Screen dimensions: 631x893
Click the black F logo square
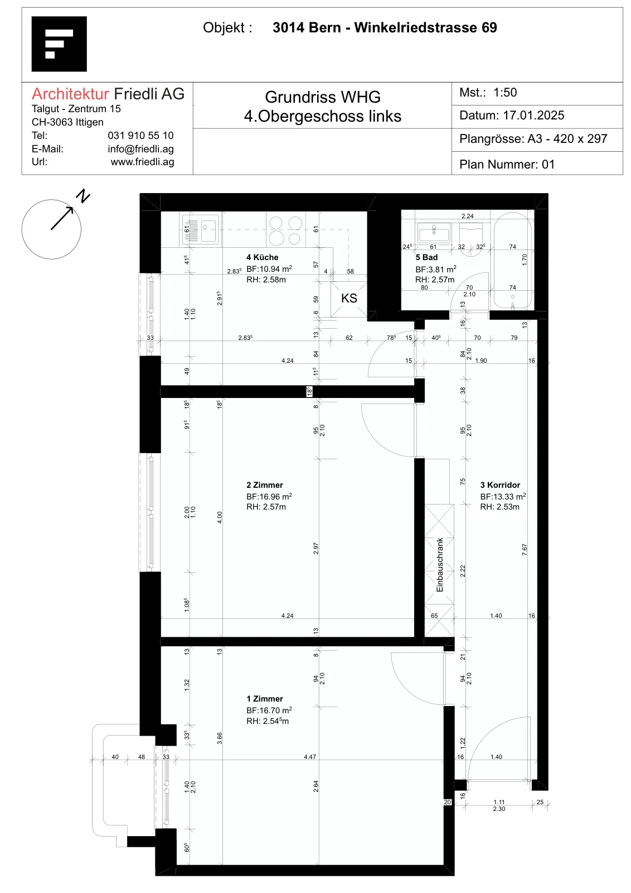(x=59, y=44)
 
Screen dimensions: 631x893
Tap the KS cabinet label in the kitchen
(x=349, y=298)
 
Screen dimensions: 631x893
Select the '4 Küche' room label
(x=263, y=257)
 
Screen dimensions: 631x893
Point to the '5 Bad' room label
(x=426, y=257)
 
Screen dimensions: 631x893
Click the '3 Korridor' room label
(x=500, y=485)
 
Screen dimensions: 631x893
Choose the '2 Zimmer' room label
(x=265, y=485)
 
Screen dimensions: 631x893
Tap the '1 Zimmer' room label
(x=265, y=698)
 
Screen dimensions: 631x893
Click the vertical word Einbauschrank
(x=439, y=565)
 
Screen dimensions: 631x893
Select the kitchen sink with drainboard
(x=200, y=229)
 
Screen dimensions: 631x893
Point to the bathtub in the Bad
(x=513, y=261)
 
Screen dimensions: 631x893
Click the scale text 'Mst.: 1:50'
(x=488, y=93)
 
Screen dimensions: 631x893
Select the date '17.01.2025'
(x=533, y=116)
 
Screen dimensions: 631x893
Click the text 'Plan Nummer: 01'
(x=507, y=164)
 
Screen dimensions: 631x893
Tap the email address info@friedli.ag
(x=140, y=149)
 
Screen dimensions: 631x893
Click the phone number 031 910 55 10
(x=140, y=136)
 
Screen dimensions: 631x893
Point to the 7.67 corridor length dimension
(x=525, y=550)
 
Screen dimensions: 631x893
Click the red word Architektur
(x=70, y=94)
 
